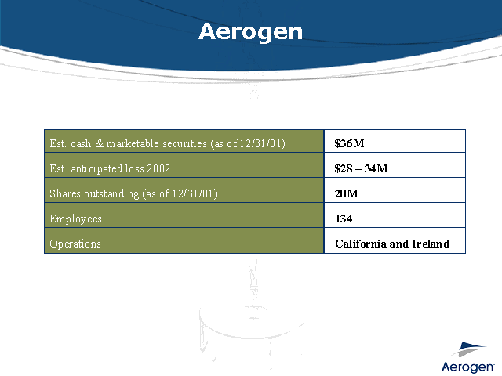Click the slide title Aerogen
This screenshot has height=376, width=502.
(250, 31)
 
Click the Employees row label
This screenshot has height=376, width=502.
(75, 219)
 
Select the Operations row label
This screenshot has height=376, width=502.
(75, 244)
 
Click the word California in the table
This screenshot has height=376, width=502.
(361, 244)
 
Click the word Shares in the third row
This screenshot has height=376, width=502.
(64, 193)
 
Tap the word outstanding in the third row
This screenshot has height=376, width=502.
(113, 193)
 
